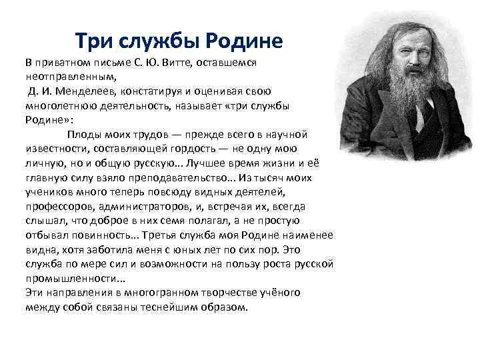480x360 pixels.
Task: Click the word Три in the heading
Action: (93, 41)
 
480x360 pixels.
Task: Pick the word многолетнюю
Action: (57, 105)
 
